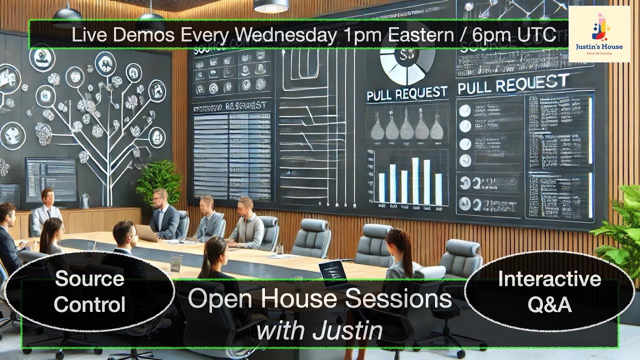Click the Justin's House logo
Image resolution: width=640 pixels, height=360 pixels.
(x=599, y=33)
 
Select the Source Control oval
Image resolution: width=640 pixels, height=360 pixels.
(x=89, y=291)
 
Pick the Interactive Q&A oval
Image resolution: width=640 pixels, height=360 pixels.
(x=549, y=291)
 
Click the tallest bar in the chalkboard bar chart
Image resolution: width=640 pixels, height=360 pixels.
(x=415, y=180)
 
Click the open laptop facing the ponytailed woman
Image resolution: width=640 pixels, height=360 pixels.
(x=332, y=273)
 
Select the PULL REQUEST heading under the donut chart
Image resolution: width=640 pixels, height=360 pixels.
(x=406, y=92)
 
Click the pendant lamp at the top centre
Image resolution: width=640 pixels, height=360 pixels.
(x=270, y=6)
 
